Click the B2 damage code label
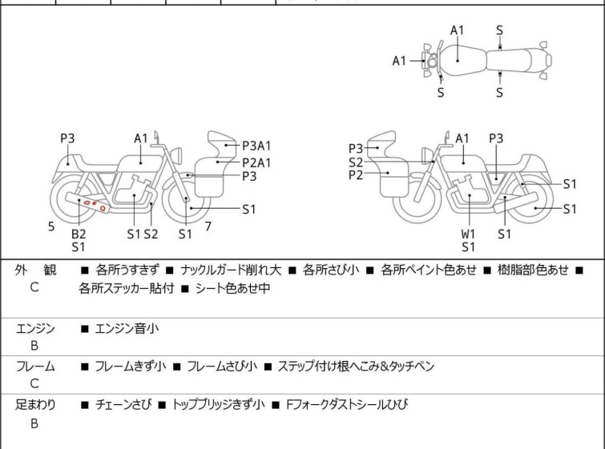tap(79, 234)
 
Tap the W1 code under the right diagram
tap(468, 234)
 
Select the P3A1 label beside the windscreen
tap(256, 146)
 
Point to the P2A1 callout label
tap(256, 162)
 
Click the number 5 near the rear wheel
tap(51, 227)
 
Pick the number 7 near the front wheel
tap(208, 227)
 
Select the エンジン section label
tap(35, 327)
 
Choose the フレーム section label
tap(35, 367)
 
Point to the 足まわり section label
tap(35, 405)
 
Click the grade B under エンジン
tap(34, 346)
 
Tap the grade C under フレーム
tap(34, 384)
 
